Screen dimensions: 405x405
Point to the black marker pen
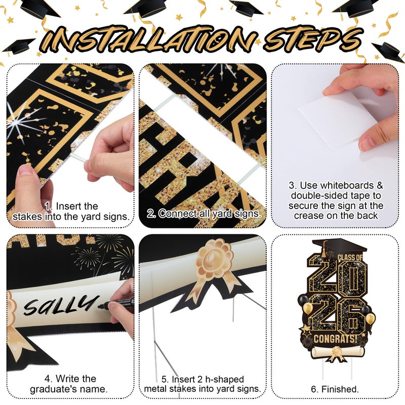pyautogui.click(x=117, y=304)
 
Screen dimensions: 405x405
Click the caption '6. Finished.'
pyautogui.click(x=335, y=389)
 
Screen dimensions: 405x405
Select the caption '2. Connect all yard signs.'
pyautogui.click(x=204, y=214)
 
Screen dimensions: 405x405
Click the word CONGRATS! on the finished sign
pyautogui.click(x=336, y=338)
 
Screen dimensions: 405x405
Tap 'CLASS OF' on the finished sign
pyautogui.click(x=350, y=257)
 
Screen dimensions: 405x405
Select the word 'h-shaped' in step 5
pyautogui.click(x=225, y=379)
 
